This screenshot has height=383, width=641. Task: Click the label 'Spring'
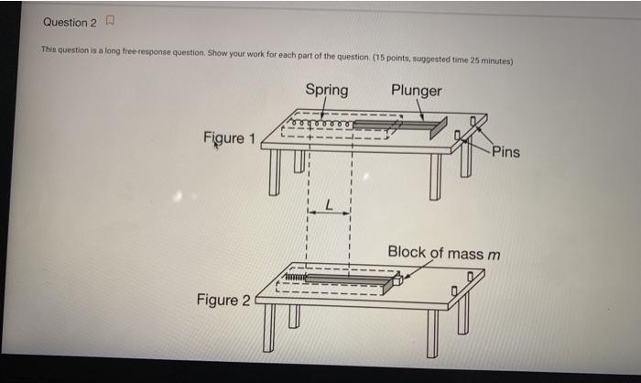pos(326,90)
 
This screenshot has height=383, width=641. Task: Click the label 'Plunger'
pos(416,90)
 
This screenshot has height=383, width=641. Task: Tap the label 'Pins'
pos(505,151)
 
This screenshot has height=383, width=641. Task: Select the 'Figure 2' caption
pos(223,300)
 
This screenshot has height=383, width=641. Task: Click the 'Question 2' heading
pos(69,21)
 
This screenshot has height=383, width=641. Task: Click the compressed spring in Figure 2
pos(294,276)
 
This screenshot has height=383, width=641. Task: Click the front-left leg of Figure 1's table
pos(274,175)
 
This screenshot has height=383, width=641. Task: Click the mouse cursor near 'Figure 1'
pos(216,145)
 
